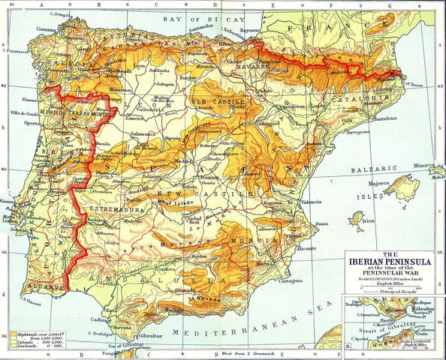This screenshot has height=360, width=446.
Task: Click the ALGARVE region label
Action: (x=35, y=287)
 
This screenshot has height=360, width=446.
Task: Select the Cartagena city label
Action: (x=279, y=282)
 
